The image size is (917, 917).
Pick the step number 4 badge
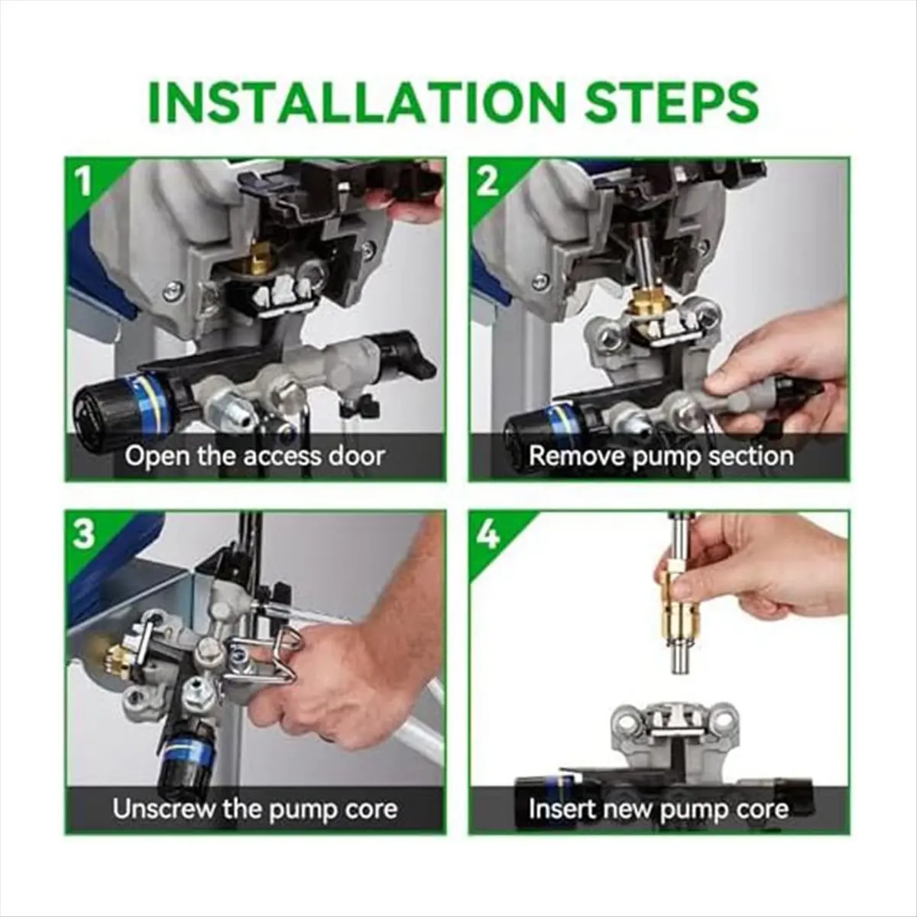(x=488, y=534)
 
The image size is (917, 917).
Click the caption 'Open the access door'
(x=254, y=456)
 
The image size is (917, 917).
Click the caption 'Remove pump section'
(x=660, y=456)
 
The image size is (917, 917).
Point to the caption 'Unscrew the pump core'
(x=254, y=809)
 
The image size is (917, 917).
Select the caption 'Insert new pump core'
(x=658, y=809)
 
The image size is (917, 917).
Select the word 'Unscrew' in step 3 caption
(x=163, y=809)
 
